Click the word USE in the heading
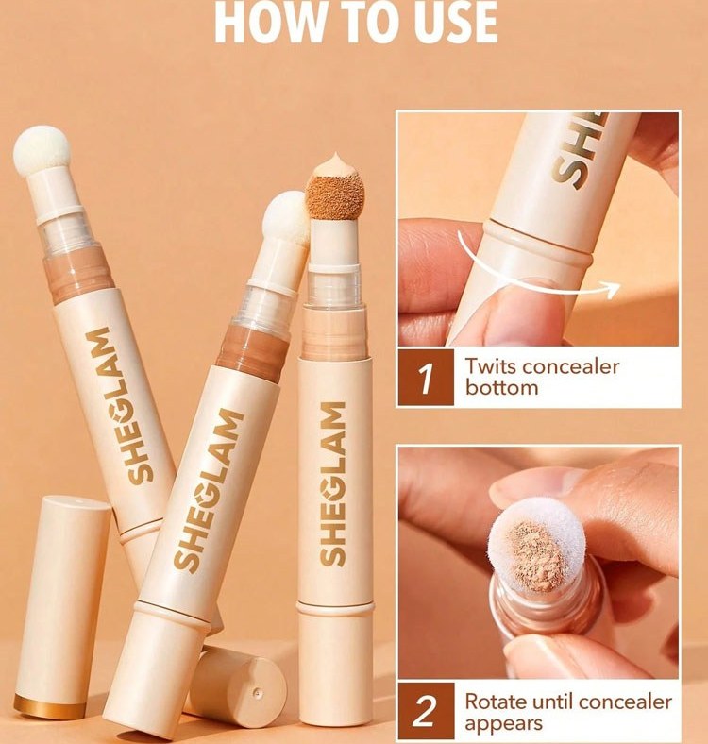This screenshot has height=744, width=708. (x=455, y=22)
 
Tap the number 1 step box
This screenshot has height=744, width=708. (x=426, y=378)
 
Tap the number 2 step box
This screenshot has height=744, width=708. (x=426, y=711)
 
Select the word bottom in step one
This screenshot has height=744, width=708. (x=501, y=387)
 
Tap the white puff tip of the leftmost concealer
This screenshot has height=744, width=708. (x=42, y=151)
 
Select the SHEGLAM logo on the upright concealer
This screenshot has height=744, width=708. (x=333, y=484)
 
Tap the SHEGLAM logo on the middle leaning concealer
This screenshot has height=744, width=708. (x=209, y=490)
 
